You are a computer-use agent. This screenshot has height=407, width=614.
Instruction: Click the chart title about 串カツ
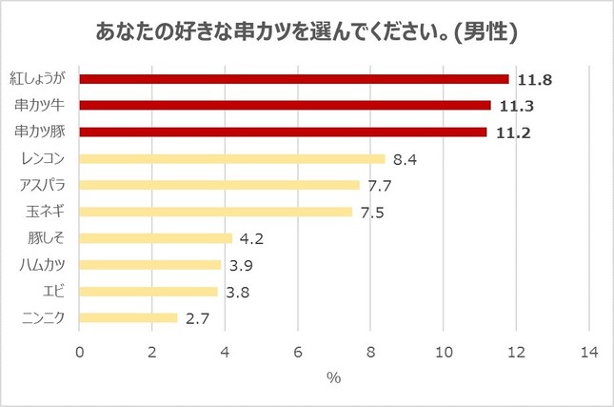[x=307, y=32]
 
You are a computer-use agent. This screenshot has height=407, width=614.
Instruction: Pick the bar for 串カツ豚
[x=284, y=132]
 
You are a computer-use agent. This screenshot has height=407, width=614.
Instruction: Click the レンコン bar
[x=232, y=159]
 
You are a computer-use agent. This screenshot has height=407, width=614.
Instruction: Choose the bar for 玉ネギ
[x=216, y=212]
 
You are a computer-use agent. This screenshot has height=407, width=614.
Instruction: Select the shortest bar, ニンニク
[x=129, y=317]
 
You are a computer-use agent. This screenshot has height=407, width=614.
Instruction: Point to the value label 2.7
[x=197, y=317]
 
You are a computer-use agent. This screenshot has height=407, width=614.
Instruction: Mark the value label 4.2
[x=251, y=238]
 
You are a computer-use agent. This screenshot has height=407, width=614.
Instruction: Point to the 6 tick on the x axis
[x=298, y=353]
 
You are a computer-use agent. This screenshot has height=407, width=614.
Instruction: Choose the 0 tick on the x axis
[x=80, y=353]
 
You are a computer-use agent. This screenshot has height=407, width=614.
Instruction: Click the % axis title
[x=334, y=378]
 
